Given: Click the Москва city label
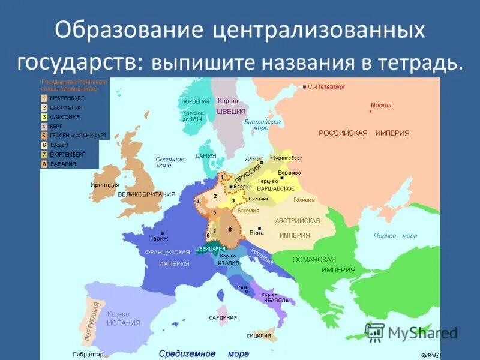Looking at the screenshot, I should (x=381, y=106).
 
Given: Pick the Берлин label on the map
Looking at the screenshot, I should (x=242, y=187).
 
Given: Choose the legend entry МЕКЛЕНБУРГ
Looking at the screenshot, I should (x=67, y=97).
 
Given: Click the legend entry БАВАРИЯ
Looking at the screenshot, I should (x=63, y=164).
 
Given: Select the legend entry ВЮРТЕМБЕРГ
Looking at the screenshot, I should (x=67, y=154).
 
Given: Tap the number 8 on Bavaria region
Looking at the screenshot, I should (x=230, y=229).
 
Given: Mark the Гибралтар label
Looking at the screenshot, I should (x=88, y=354).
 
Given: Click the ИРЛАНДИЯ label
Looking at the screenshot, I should (x=105, y=185).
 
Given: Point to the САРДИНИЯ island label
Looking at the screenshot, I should (x=223, y=317).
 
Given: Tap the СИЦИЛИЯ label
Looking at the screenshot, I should (x=259, y=335).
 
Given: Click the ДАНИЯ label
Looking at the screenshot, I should (x=206, y=155).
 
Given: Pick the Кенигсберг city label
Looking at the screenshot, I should (x=289, y=157).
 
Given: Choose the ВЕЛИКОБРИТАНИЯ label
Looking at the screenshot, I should (x=146, y=194).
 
